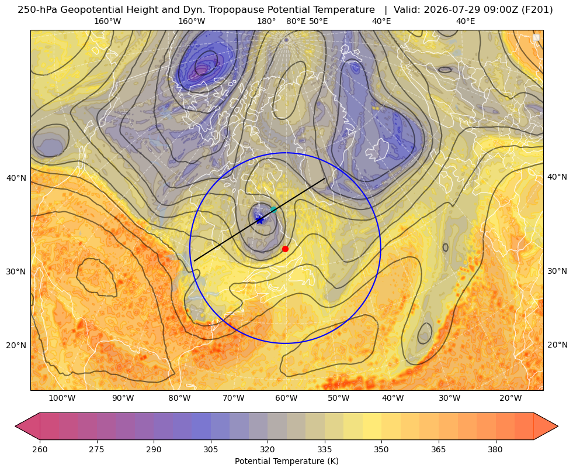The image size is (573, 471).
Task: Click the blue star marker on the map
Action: [x=259, y=220]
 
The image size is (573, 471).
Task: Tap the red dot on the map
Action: [x=285, y=249]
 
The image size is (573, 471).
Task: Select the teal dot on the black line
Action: [x=273, y=209]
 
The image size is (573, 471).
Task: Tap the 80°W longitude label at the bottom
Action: [x=179, y=398]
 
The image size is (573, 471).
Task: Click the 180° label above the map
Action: [x=266, y=21]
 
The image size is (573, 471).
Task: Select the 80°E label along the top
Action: [x=296, y=21]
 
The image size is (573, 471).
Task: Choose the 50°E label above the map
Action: [x=318, y=21]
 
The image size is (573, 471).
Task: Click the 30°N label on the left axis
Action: [x=16, y=271]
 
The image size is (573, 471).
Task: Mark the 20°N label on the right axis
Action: [x=557, y=345]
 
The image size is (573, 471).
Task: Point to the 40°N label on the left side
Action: [x=16, y=178]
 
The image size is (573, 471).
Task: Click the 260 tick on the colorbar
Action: [x=40, y=449]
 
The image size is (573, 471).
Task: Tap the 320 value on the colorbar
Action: [x=268, y=449]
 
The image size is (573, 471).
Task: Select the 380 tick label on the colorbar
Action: [x=495, y=449]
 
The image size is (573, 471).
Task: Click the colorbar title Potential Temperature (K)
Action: [x=286, y=461]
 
